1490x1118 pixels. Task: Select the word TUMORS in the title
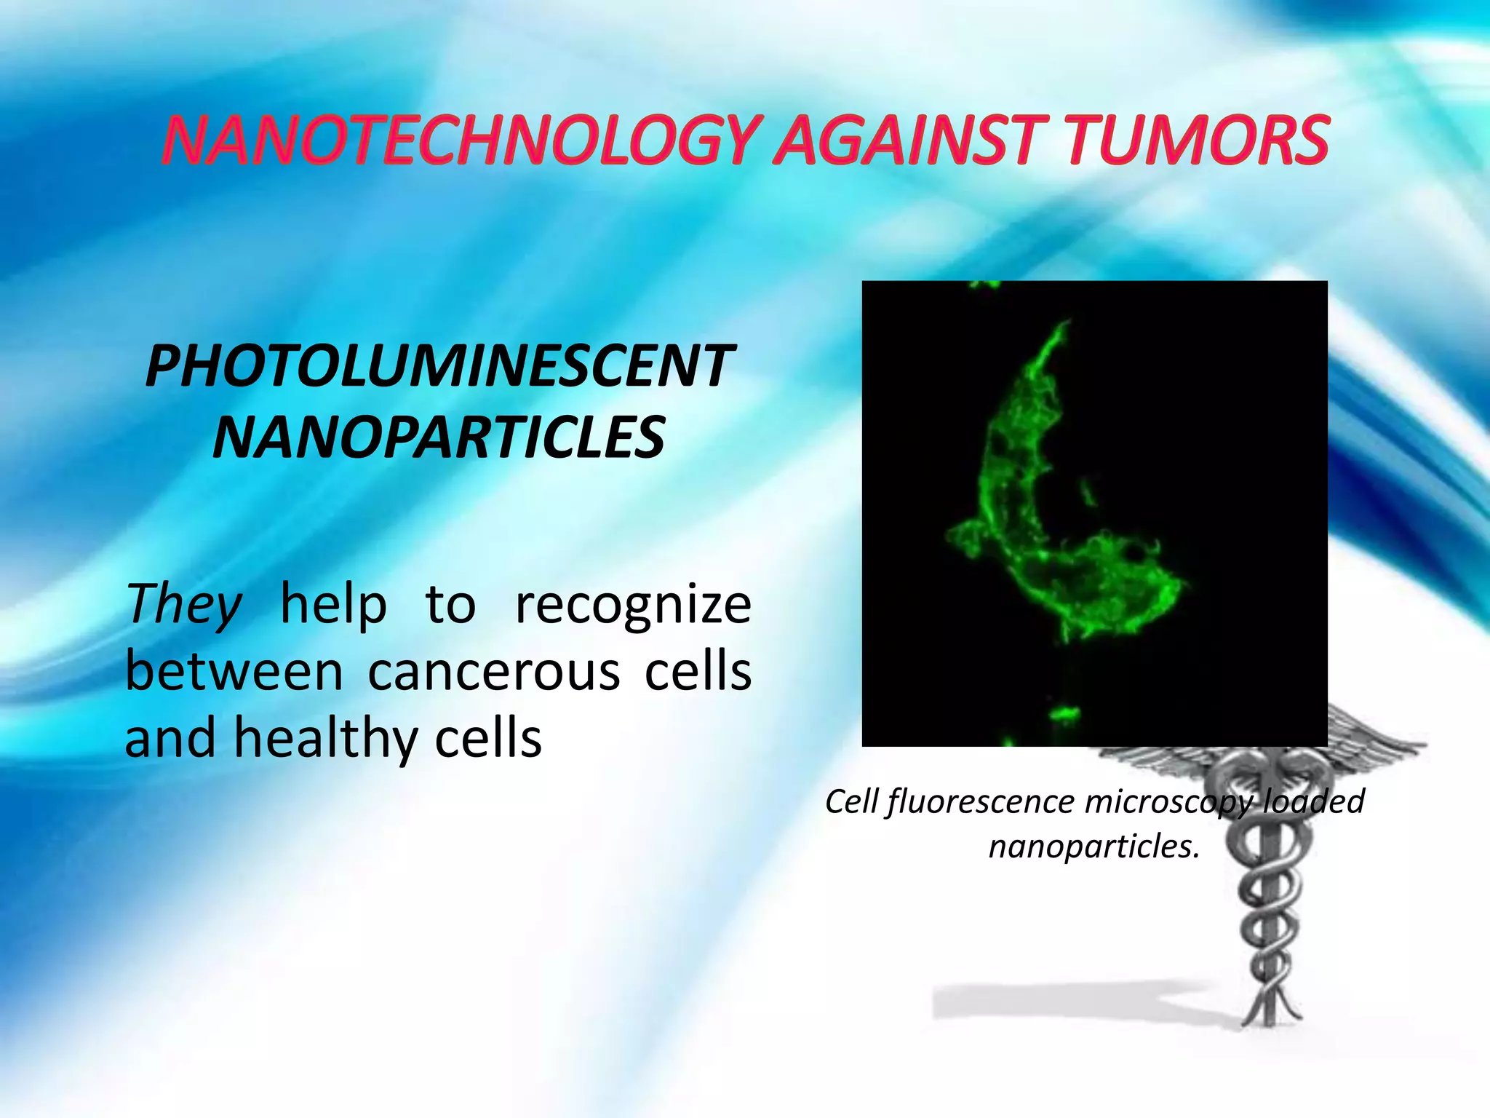pos(1197,140)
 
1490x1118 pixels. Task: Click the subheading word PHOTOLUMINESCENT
pos(439,366)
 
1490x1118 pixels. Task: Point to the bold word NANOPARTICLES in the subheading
pos(439,437)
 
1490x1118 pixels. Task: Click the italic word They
pos(184,604)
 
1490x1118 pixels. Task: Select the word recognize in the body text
pos(633,606)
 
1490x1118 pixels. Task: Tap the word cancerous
pos(494,671)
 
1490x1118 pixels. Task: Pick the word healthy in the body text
pos(326,738)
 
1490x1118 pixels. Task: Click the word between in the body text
pos(234,671)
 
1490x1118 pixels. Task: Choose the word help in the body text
pos(333,604)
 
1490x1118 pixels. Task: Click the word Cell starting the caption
pos(852,801)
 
